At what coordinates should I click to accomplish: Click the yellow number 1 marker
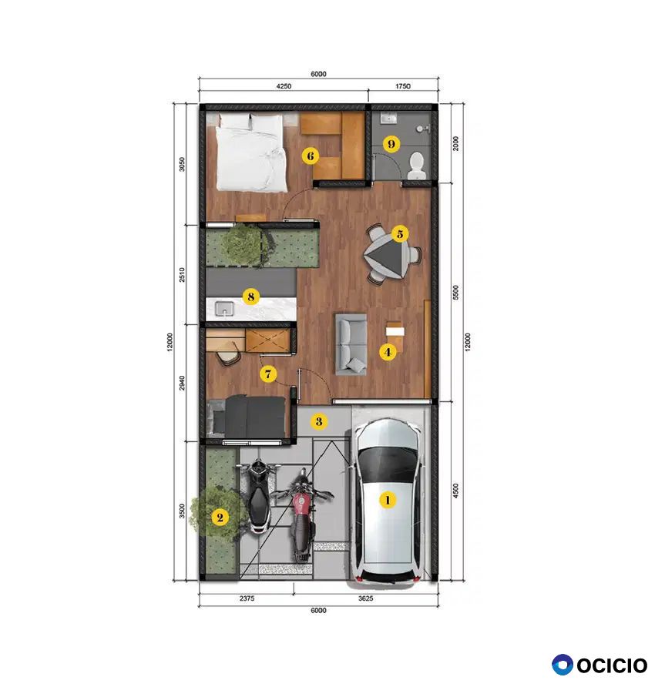pos(388,500)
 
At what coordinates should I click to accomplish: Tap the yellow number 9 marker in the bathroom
pos(391,144)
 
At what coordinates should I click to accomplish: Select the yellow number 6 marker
pos(311,156)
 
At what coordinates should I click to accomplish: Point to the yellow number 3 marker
pos(319,421)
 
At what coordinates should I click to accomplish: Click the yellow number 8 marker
pos(250,297)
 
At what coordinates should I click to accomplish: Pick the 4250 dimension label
pos(284,86)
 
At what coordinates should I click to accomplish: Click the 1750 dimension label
pos(403,86)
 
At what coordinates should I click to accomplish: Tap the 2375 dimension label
pos(247,598)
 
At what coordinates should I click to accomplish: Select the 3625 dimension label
pos(365,598)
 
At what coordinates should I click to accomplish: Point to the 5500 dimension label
pos(456,292)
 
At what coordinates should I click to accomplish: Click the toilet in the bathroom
pos(416,166)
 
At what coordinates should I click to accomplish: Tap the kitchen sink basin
pos(224,309)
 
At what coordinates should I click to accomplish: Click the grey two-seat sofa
pos(351,344)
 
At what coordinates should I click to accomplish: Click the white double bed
pos(250,152)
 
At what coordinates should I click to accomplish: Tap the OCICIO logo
pos(600,665)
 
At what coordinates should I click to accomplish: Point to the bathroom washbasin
pos(389,118)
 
